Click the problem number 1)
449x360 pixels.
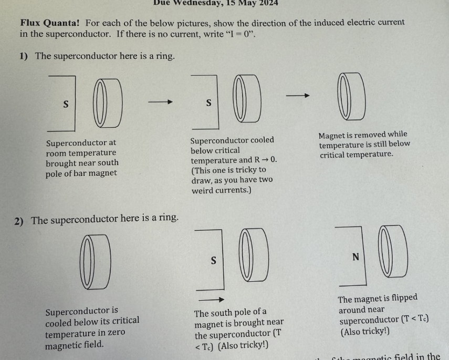click(x=24, y=56)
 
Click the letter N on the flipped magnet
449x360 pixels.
click(x=356, y=257)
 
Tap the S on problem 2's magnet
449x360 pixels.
click(x=213, y=260)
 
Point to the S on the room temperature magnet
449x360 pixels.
click(x=65, y=104)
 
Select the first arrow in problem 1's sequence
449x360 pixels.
click(x=160, y=102)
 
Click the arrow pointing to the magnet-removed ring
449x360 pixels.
click(x=298, y=96)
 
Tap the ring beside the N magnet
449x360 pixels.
click(x=393, y=251)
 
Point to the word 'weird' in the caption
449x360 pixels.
click(x=204, y=190)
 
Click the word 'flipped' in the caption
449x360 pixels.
click(x=403, y=298)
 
